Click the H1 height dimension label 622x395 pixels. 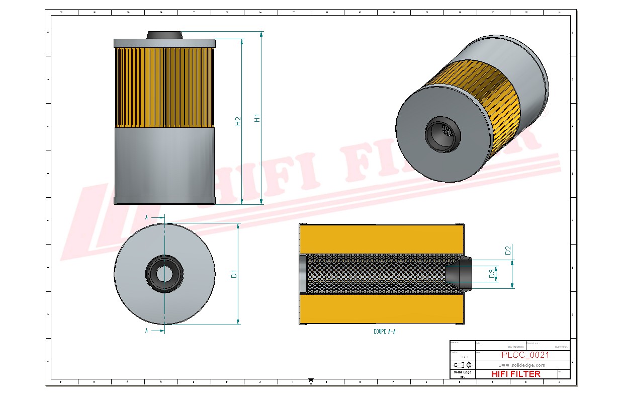(257, 118)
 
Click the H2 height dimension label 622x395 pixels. (238, 121)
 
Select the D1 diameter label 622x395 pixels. (234, 274)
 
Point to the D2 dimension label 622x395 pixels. (508, 250)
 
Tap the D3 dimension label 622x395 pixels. (491, 274)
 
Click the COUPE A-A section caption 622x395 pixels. (384, 332)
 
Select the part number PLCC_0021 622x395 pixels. (525, 355)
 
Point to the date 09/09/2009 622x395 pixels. (516, 347)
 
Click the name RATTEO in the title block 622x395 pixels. (561, 347)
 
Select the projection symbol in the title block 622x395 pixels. (463, 364)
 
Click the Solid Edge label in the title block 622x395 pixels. (462, 372)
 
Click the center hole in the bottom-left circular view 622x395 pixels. (164, 274)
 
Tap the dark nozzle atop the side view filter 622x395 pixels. (164, 35)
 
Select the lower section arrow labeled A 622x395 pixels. (155, 331)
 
